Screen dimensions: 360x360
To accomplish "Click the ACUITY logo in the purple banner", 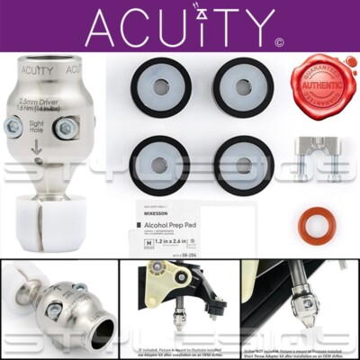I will [168, 26].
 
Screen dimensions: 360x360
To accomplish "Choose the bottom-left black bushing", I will [160, 165].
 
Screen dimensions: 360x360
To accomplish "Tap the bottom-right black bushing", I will [242, 165].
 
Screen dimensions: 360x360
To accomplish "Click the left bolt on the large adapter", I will [14, 126].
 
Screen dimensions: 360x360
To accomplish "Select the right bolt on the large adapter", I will [66, 128].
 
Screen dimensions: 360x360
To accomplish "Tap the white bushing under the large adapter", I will [41, 221].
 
